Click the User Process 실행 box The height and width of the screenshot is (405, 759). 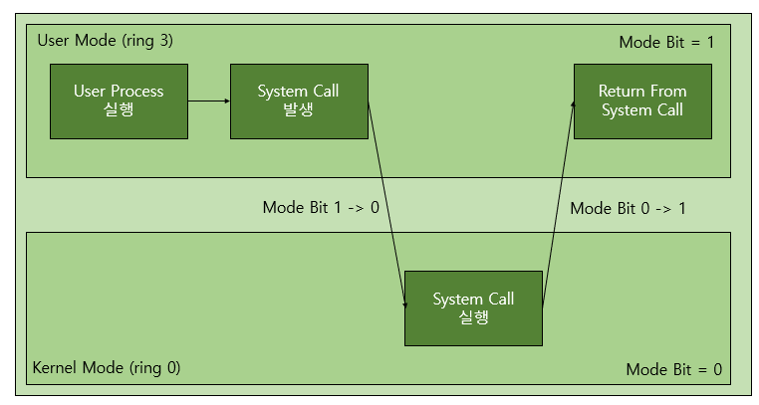(119, 101)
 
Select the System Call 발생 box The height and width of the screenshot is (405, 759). (298, 101)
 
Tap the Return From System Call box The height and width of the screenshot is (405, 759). (641, 101)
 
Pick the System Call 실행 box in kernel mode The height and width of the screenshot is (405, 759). (473, 308)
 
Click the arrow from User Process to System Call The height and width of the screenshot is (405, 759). (208, 101)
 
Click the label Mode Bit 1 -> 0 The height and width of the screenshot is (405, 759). (320, 207)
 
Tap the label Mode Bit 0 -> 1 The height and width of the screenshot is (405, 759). (628, 208)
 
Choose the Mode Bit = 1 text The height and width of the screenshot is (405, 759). (666, 42)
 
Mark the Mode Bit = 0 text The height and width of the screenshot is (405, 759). (673, 369)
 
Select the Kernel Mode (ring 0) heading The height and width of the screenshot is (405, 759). (107, 367)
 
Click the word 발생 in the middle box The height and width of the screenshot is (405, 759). (298, 109)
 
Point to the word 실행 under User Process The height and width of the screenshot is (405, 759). (119, 109)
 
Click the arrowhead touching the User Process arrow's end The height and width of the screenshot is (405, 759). (225, 101)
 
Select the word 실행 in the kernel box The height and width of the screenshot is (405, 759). (473, 317)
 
